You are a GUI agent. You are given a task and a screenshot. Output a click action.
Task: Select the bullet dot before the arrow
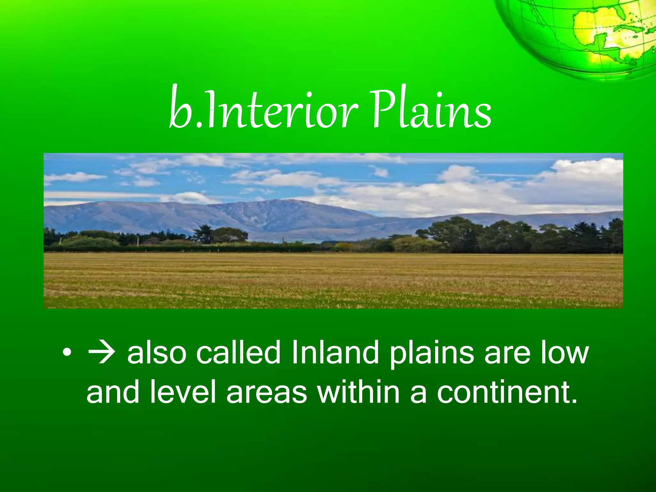pyautogui.click(x=67, y=353)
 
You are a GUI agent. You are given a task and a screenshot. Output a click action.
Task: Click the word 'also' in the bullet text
pyautogui.click(x=157, y=353)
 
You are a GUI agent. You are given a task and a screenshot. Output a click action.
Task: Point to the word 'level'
pyautogui.click(x=183, y=391)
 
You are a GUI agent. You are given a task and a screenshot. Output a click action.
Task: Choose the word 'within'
pyautogui.click(x=359, y=391)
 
